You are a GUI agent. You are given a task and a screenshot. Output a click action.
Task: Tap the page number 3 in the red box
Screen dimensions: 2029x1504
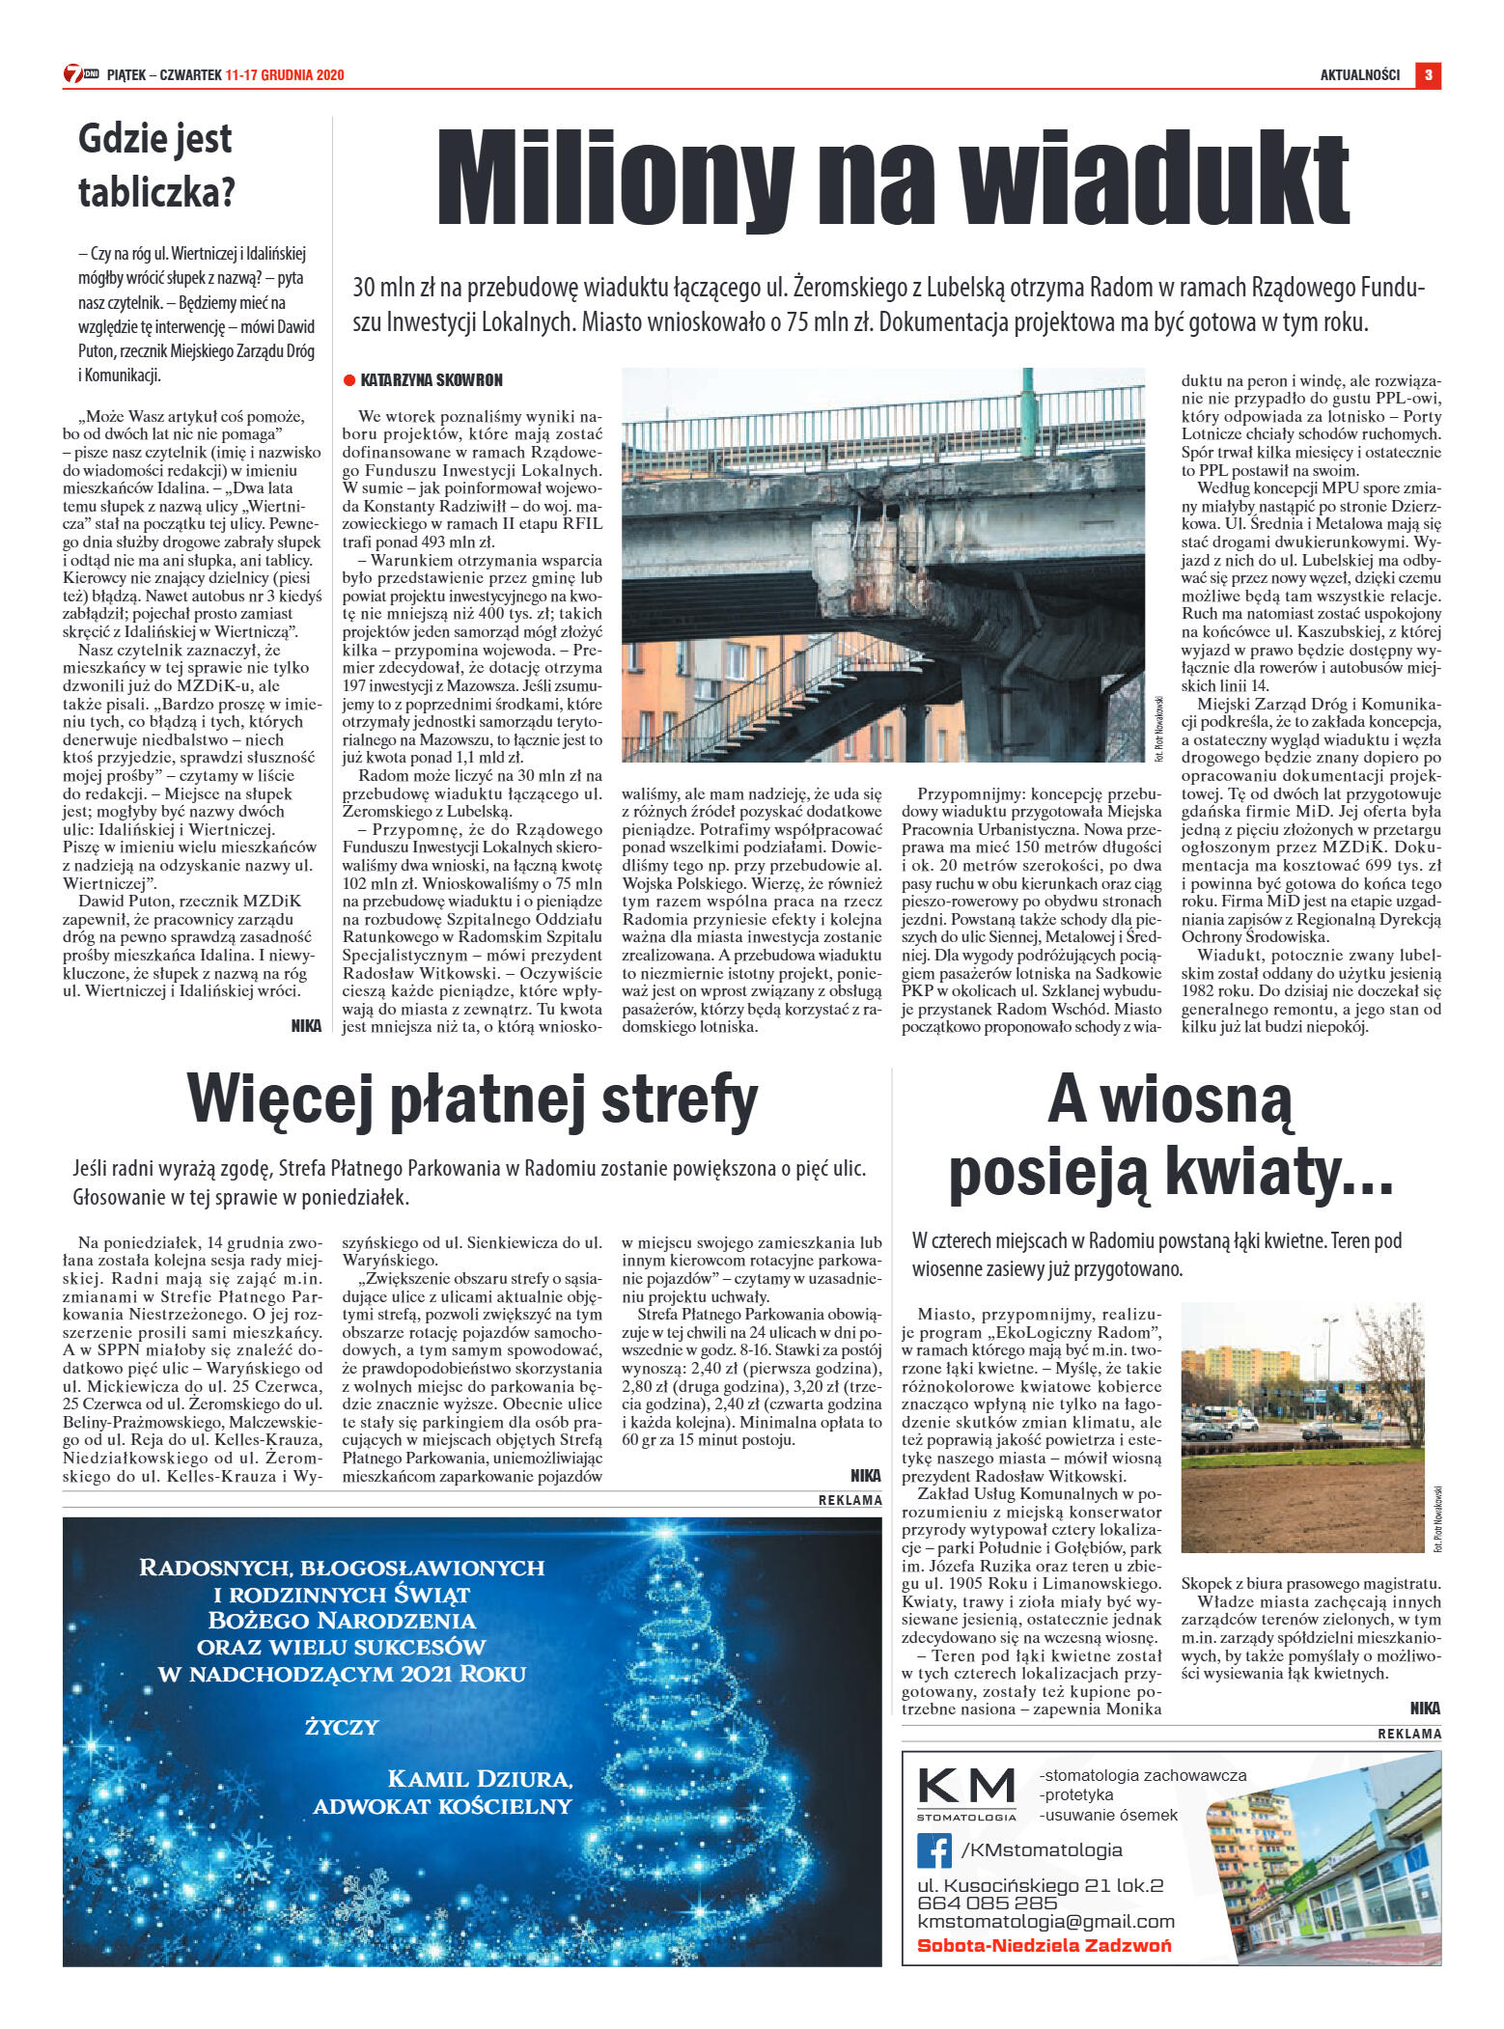point(1428,75)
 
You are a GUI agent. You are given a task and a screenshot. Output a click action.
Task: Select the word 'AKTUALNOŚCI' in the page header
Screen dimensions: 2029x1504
point(1359,75)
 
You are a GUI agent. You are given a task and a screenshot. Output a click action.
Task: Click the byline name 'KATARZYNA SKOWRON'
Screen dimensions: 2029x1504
point(432,380)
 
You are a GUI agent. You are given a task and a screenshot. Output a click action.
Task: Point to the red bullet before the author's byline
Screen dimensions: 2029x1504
point(349,380)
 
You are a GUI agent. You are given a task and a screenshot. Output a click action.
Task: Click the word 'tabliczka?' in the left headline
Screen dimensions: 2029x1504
point(156,192)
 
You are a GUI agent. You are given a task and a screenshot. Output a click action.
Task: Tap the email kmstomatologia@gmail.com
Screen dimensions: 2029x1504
point(1045,1922)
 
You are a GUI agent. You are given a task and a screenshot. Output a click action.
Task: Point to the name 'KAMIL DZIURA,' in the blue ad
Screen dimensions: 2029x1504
point(480,1779)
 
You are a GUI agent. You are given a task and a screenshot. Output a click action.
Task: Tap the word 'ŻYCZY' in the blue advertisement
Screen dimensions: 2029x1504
point(342,1727)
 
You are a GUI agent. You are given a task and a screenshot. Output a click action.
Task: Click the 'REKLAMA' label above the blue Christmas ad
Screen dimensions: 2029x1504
point(849,1500)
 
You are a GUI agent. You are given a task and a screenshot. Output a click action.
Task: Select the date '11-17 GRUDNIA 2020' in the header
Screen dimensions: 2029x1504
point(285,75)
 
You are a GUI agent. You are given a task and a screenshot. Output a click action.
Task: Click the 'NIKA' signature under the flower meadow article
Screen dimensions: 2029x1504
point(1425,1708)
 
